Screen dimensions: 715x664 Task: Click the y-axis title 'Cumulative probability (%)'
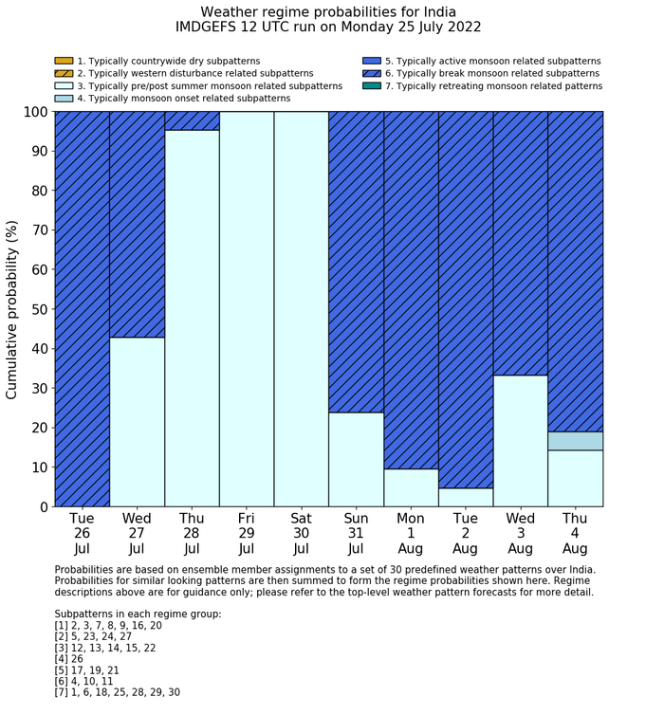point(12,309)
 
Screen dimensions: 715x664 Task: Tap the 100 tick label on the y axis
point(32,112)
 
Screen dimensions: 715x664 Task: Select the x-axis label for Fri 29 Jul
point(247,533)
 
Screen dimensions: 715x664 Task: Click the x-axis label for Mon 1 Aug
point(411,533)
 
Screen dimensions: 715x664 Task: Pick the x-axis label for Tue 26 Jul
point(82,533)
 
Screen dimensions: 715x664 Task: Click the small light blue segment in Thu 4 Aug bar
point(576,441)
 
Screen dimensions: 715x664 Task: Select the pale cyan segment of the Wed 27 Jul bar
point(137,422)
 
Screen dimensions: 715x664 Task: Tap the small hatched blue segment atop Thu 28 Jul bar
point(192,120)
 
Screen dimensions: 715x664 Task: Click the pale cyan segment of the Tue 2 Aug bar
point(466,497)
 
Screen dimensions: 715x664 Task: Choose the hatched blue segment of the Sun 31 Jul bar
point(356,262)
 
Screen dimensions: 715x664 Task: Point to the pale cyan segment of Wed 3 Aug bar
point(521,441)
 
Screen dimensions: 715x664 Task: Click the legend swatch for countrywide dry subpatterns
point(64,61)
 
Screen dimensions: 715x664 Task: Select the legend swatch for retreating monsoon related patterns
point(372,85)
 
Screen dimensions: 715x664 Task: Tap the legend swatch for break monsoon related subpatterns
point(372,73)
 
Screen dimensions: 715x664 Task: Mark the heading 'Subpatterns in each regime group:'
point(138,614)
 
